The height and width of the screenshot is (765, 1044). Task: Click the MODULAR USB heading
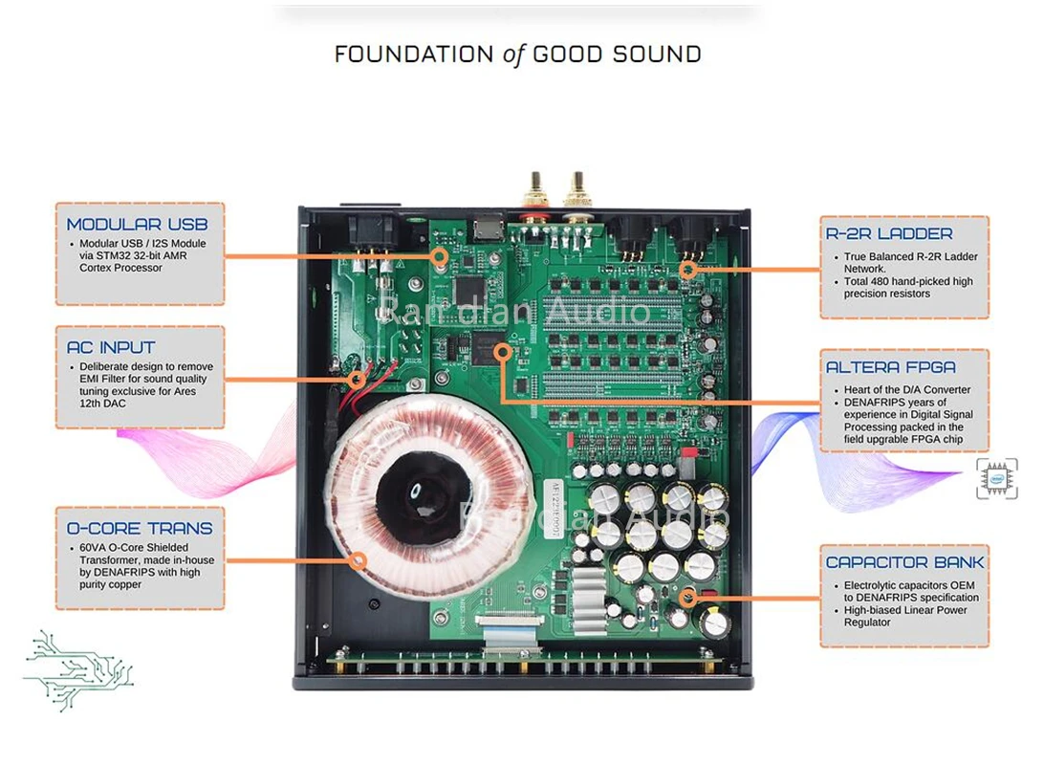point(137,225)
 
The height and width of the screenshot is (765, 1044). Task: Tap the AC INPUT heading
point(111,348)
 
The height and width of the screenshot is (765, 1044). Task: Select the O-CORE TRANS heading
point(140,528)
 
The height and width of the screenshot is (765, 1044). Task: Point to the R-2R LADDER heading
point(889,233)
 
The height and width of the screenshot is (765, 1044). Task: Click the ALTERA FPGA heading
point(891,367)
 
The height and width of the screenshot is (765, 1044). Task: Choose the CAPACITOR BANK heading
point(904,562)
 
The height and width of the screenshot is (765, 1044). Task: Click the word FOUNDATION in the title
point(414,55)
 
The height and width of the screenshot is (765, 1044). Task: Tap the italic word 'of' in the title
point(514,55)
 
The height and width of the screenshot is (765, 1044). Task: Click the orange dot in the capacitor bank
point(686,600)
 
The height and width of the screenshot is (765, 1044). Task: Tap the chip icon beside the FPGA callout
point(997,479)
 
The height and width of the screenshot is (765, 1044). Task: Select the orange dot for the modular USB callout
point(440,255)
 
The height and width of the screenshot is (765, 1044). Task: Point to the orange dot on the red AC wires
point(360,377)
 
